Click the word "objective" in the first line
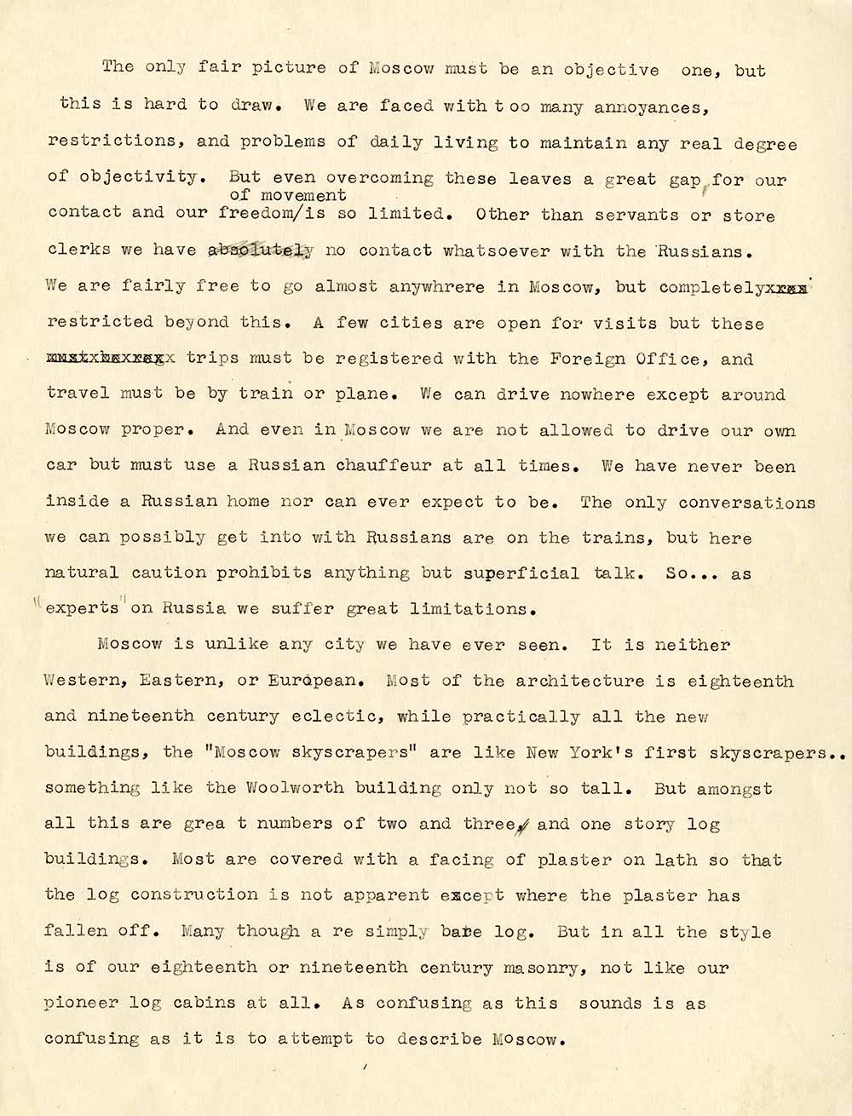click(x=612, y=70)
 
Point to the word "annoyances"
click(x=649, y=107)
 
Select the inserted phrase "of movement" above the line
click(x=287, y=195)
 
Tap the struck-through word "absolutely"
click(x=261, y=250)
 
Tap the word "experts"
click(x=82, y=609)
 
